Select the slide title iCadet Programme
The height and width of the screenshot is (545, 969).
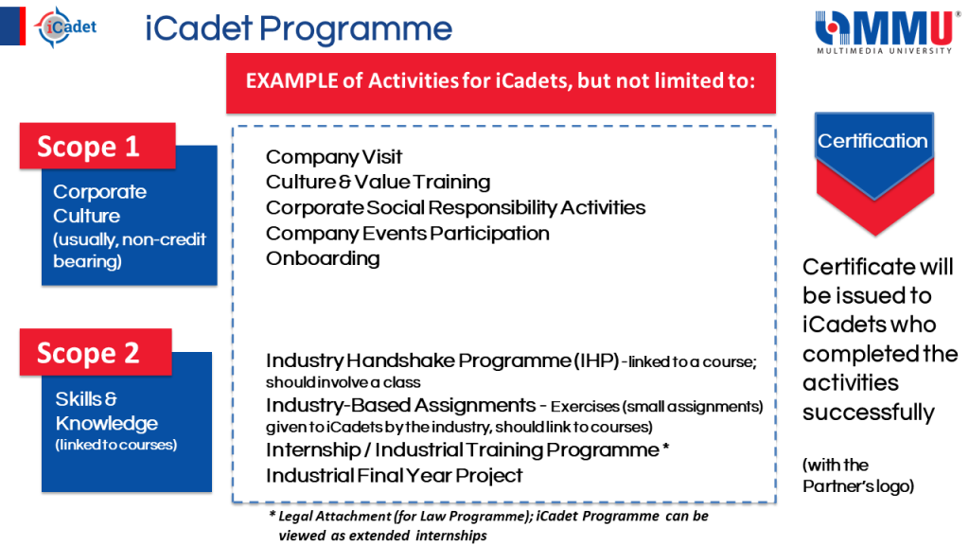click(x=298, y=29)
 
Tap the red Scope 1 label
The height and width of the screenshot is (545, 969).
click(x=98, y=147)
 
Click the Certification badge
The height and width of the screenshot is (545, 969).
click(x=872, y=142)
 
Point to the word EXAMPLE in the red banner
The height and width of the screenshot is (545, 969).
click(x=290, y=80)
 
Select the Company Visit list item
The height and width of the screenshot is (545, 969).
click(x=334, y=156)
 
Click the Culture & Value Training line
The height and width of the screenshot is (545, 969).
click(x=378, y=182)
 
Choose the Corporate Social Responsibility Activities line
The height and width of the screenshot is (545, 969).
click(x=455, y=207)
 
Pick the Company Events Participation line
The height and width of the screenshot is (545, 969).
click(x=407, y=233)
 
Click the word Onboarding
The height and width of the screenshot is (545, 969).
click(x=323, y=258)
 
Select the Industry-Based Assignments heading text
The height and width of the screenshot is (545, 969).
click(x=400, y=406)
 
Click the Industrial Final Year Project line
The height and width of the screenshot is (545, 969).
click(x=394, y=475)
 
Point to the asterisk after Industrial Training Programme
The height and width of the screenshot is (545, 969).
click(x=667, y=448)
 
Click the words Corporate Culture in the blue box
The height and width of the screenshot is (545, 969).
click(x=99, y=203)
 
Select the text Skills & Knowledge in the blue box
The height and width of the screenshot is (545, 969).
click(x=106, y=412)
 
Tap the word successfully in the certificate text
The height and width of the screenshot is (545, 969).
click(x=868, y=413)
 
